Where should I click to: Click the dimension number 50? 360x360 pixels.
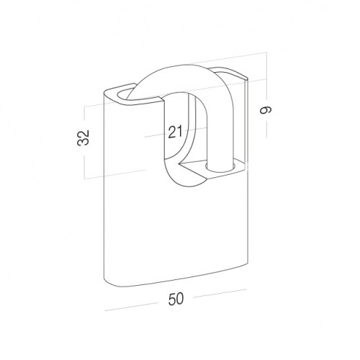pyautogui.click(x=176, y=299)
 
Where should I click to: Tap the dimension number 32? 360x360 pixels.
pyautogui.click(x=84, y=138)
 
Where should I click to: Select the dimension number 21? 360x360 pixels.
pyautogui.click(x=175, y=132)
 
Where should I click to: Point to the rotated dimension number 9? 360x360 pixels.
pyautogui.click(x=266, y=110)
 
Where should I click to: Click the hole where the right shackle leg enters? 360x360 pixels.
pyautogui.click(x=220, y=168)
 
